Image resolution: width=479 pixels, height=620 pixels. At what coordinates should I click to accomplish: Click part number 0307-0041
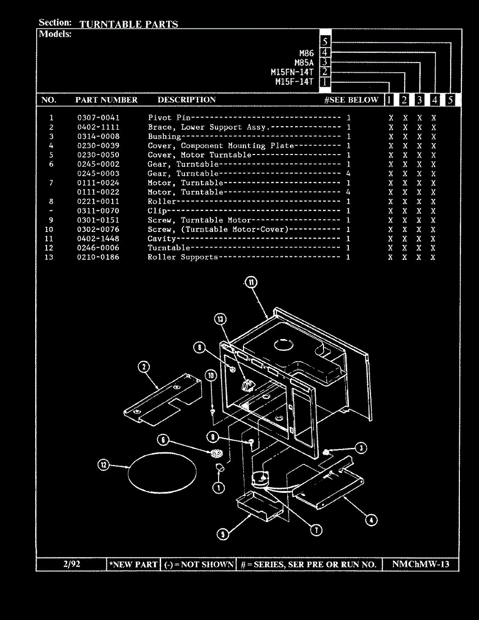[98, 118]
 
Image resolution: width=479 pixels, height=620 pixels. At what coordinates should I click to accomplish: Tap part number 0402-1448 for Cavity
[98, 239]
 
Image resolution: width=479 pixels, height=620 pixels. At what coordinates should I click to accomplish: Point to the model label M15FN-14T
[292, 72]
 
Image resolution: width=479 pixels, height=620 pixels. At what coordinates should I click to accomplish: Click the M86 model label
[306, 53]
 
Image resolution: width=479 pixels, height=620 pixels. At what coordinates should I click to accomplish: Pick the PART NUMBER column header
[106, 100]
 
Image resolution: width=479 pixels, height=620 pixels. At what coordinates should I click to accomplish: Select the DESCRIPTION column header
[187, 100]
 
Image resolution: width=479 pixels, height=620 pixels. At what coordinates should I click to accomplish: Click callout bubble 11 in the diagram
[251, 282]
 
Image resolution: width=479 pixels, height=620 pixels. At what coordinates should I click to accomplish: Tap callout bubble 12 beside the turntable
[104, 465]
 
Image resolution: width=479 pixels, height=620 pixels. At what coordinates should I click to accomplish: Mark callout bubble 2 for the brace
[144, 367]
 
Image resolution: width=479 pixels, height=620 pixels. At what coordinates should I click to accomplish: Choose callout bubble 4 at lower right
[371, 520]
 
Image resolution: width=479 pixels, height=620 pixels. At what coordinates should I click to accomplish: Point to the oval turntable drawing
[162, 471]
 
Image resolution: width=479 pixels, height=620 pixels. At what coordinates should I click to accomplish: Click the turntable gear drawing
[216, 454]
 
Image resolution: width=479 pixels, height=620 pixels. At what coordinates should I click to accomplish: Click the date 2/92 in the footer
[71, 564]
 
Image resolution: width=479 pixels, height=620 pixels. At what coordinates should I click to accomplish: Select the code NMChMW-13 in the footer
[421, 564]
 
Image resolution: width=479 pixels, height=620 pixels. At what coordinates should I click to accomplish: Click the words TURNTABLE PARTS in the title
[129, 24]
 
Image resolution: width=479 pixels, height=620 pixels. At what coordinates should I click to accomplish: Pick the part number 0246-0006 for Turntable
[98, 248]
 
